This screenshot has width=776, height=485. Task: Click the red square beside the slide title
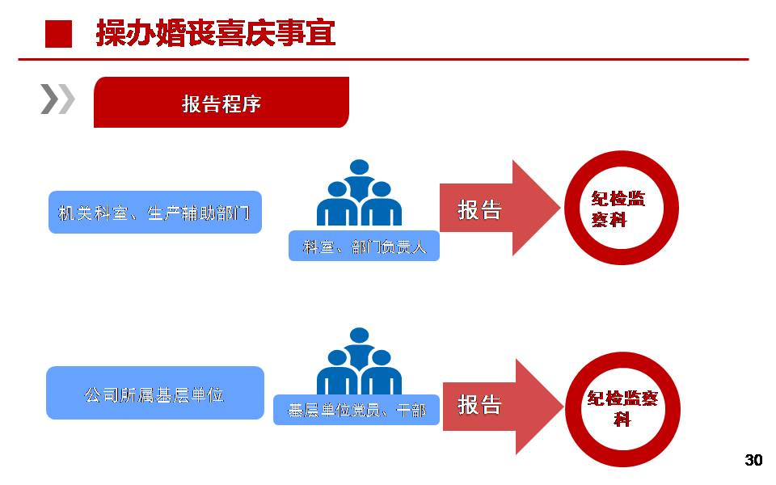[58, 34]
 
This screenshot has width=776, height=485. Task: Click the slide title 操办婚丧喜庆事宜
[216, 33]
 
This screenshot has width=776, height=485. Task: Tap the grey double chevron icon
[57, 99]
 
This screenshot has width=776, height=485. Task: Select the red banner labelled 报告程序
[221, 103]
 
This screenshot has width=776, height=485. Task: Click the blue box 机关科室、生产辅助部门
[155, 213]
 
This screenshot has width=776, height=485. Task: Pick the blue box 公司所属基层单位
[155, 393]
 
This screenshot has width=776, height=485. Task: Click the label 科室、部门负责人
[364, 246]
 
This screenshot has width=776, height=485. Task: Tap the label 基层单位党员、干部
[356, 410]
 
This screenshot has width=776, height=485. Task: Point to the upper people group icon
[359, 193]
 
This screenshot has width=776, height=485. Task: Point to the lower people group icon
[359, 361]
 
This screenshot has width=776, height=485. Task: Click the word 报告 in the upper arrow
[479, 210]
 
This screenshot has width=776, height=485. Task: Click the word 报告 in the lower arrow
[479, 405]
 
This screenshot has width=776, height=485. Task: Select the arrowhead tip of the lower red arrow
[563, 407]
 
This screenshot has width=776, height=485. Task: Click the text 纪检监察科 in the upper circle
[618, 209]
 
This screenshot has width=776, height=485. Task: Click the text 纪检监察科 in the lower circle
[622, 408]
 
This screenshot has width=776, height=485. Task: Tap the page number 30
[753, 460]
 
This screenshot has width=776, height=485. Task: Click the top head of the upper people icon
[359, 167]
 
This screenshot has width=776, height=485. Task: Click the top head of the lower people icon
[359, 335]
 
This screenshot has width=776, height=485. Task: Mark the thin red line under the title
[383, 59]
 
